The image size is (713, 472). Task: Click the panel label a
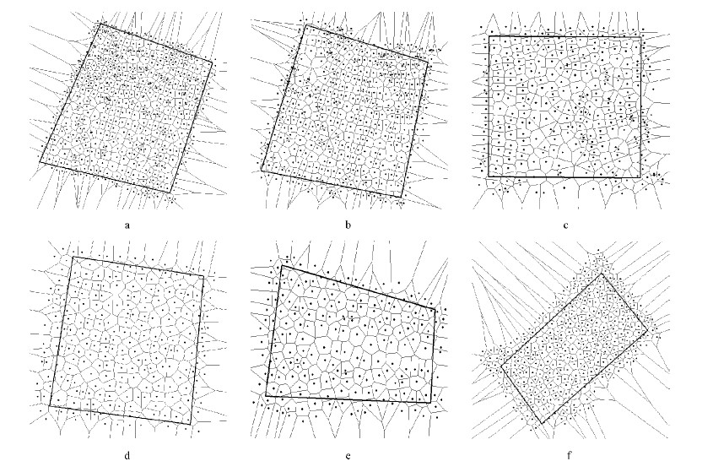[x=127, y=225]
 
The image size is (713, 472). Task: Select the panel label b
[x=348, y=225]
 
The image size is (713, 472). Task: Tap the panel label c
[x=565, y=225]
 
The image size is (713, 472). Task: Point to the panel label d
[x=127, y=455]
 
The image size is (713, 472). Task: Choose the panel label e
[x=348, y=456]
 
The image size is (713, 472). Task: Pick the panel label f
[x=569, y=455]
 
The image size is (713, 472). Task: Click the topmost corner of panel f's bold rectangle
[x=602, y=273]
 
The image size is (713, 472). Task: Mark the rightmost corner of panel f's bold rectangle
[x=647, y=331]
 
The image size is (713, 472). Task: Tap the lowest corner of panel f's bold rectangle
[x=542, y=424]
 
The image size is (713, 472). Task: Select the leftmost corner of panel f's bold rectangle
[x=501, y=366]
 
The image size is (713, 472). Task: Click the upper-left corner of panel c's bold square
[x=489, y=36]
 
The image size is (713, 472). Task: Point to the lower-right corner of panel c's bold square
[x=640, y=177]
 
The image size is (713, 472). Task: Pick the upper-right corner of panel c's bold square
[x=641, y=37]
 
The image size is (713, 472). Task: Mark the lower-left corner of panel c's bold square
[x=489, y=176]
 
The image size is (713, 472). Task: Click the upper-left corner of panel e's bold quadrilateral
[x=282, y=265]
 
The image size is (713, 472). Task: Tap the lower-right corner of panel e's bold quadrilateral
[x=430, y=403]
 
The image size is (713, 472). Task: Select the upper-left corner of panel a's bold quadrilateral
[x=100, y=24]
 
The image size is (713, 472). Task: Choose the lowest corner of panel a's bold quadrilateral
[x=170, y=193]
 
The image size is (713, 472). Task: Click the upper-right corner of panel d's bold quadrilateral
[x=203, y=276]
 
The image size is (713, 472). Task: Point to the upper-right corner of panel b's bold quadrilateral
[x=429, y=62]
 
